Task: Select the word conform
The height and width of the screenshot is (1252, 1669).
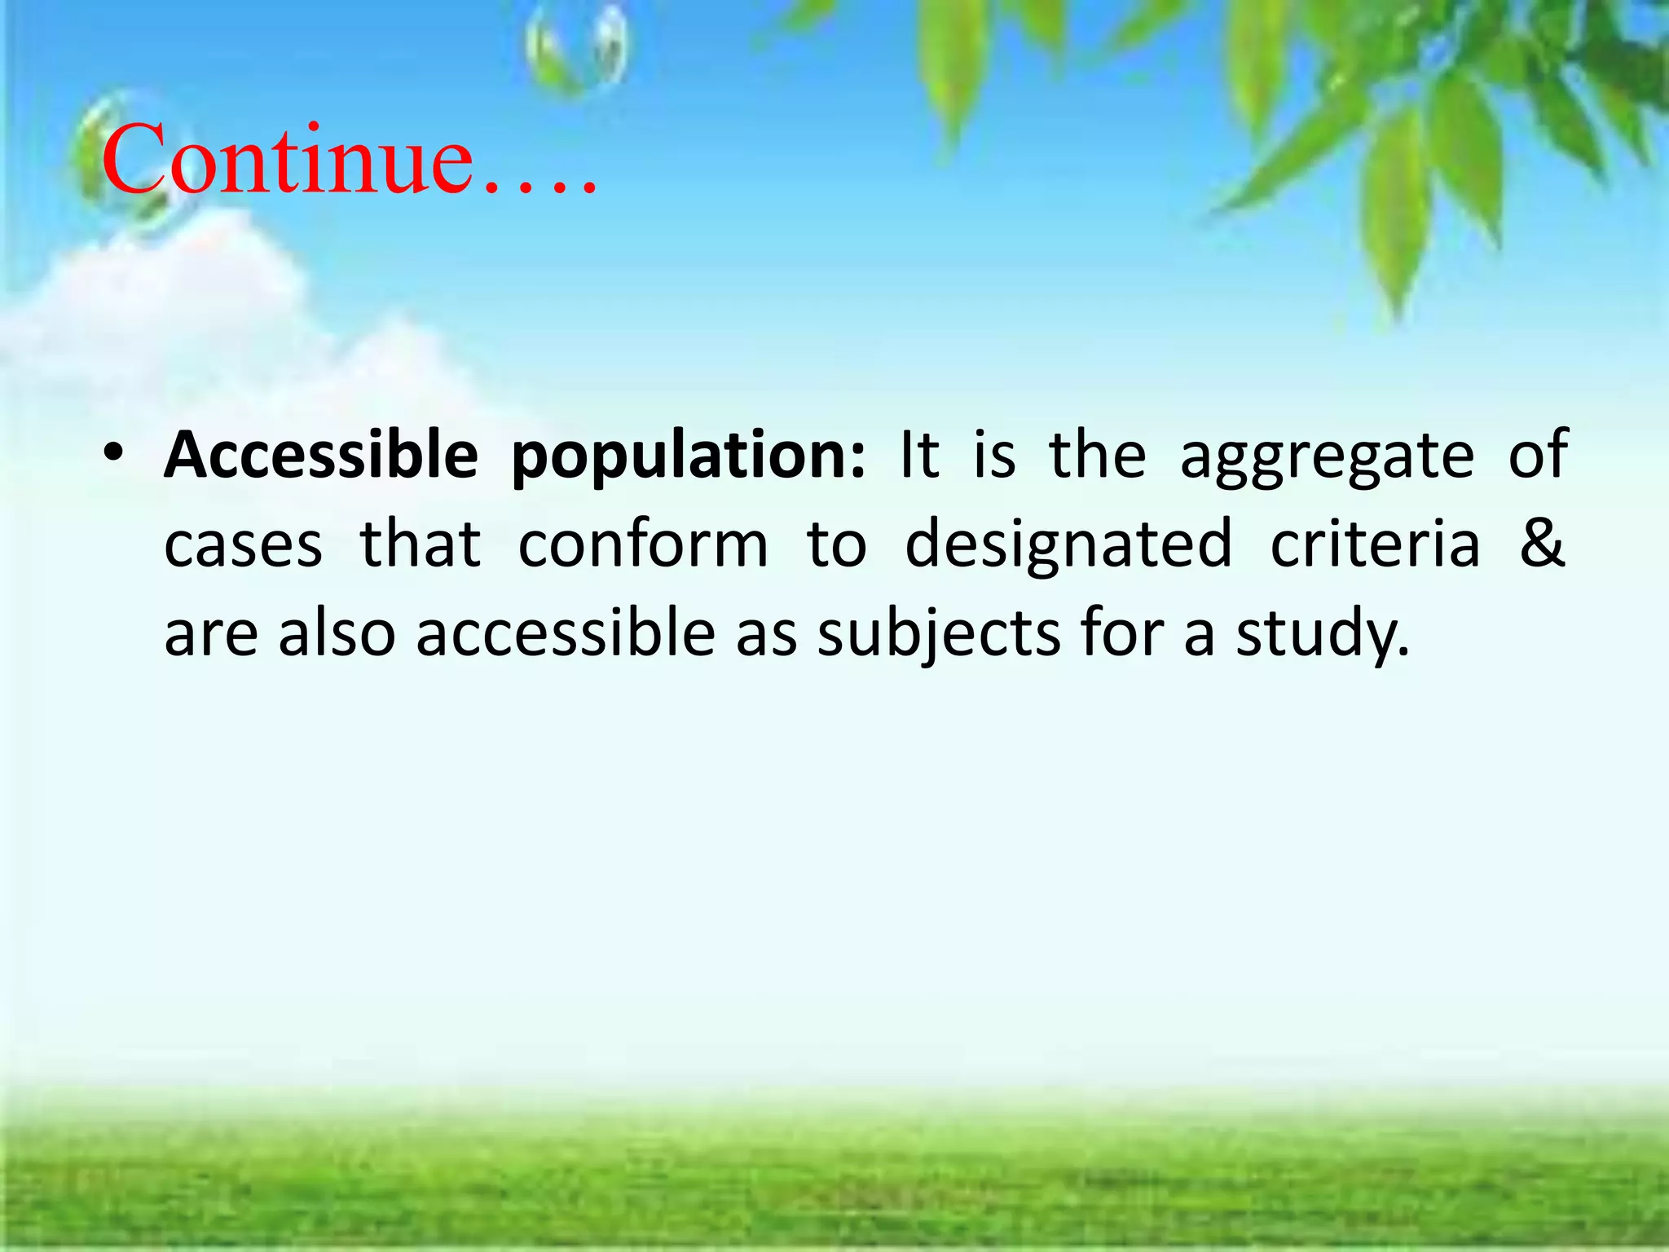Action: tap(643, 544)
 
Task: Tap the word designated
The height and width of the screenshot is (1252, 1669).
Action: tap(1068, 544)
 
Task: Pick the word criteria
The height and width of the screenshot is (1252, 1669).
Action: tap(1376, 544)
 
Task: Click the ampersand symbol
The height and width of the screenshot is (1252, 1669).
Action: tap(1542, 543)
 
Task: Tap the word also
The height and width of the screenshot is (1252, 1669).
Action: tap(337, 634)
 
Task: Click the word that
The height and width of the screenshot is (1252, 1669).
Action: tap(421, 544)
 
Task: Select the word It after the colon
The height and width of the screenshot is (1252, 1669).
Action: tap(919, 455)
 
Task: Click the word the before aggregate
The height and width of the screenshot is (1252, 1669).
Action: tap(1097, 455)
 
